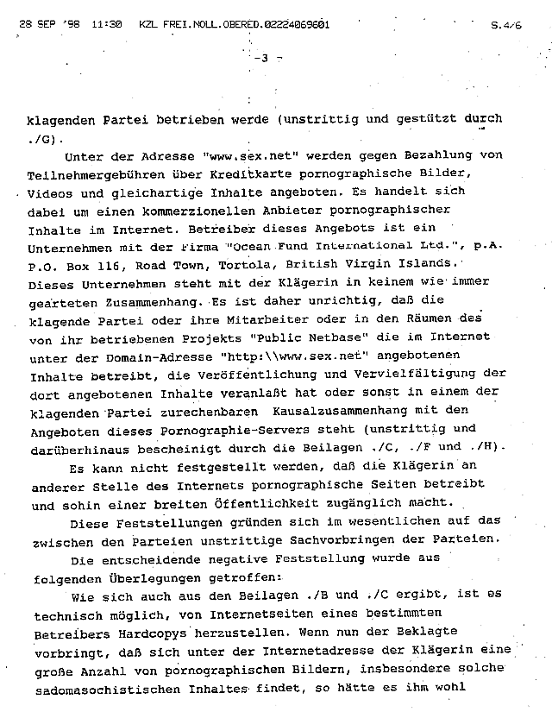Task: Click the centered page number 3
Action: pos(265,58)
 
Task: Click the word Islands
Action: pos(435,262)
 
